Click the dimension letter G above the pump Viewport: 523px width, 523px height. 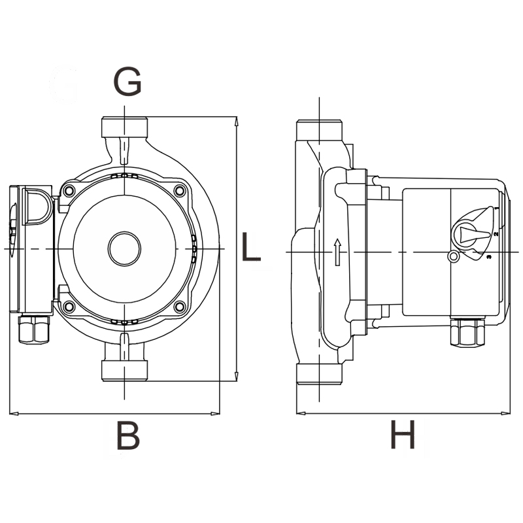pyautogui.click(x=127, y=81)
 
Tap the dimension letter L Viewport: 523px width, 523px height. pyautogui.click(x=251, y=246)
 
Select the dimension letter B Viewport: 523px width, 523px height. pyautogui.click(x=128, y=435)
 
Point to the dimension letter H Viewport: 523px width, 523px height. pyautogui.click(x=403, y=434)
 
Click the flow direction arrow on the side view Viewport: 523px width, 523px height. pyautogui.click(x=337, y=252)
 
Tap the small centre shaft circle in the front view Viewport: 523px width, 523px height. pyautogui.click(x=124, y=248)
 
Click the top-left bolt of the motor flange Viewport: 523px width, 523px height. pyautogui.click(x=69, y=191)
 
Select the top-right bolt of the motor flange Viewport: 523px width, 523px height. pyautogui.click(x=179, y=191)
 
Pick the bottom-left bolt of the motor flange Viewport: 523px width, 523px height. pyautogui.click(x=69, y=306)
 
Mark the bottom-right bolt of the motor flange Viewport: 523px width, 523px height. pyautogui.click(x=179, y=306)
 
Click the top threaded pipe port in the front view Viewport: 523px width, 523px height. pyautogui.click(x=124, y=127)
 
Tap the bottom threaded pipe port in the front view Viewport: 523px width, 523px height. pyautogui.click(x=124, y=371)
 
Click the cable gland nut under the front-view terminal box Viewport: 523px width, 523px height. pyautogui.click(x=34, y=330)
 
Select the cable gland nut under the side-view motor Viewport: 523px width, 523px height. pyautogui.click(x=467, y=332)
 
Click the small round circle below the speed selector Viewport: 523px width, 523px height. pyautogui.click(x=453, y=257)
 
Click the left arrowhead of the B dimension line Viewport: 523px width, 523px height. pyautogui.click(x=14, y=414)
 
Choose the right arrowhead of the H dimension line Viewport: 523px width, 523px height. pyautogui.click(x=505, y=414)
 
